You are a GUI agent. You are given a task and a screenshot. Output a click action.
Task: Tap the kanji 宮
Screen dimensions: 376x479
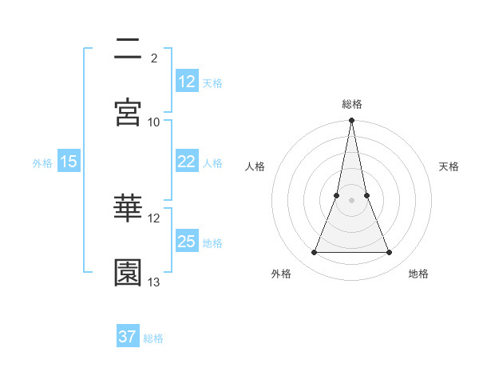pyautogui.click(x=129, y=112)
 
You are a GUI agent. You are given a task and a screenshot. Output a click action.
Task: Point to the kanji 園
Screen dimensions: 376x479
pyautogui.click(x=129, y=272)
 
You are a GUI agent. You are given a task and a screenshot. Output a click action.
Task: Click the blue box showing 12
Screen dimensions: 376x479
pyautogui.click(x=187, y=81)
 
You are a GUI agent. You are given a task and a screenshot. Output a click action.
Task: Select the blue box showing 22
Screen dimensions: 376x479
pyautogui.click(x=187, y=162)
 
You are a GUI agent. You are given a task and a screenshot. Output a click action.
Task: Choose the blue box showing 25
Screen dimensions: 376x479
pyautogui.click(x=187, y=242)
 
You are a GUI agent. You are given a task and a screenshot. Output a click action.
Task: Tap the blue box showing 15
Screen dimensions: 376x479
pyautogui.click(x=69, y=162)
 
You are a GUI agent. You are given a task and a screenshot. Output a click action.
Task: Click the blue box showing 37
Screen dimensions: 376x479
pyautogui.click(x=128, y=337)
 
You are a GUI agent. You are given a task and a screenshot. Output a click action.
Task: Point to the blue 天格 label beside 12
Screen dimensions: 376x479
pyautogui.click(x=212, y=82)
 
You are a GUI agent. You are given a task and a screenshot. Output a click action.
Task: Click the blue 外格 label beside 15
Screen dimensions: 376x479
pyautogui.click(x=42, y=163)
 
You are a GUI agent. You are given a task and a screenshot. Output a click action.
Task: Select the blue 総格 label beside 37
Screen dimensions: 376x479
pyautogui.click(x=153, y=338)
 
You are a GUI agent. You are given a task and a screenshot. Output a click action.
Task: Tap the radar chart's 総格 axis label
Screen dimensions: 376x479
pyautogui.click(x=351, y=104)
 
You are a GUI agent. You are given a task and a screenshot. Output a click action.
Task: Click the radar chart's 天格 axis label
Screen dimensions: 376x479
pyautogui.click(x=449, y=166)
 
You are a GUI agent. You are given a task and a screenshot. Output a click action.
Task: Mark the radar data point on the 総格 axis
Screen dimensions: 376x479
pyautogui.click(x=351, y=121)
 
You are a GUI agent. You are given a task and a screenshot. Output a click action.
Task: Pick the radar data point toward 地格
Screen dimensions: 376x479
pyautogui.click(x=390, y=253)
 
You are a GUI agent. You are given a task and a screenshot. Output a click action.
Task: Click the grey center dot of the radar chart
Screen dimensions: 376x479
pyautogui.click(x=351, y=200)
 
